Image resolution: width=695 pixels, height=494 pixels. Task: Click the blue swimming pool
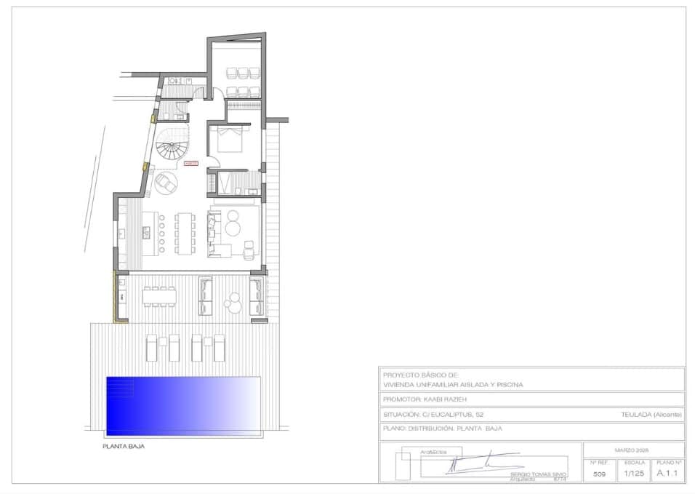183,405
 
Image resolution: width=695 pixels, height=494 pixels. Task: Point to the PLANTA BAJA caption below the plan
123,447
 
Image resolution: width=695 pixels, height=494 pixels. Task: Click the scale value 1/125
635,474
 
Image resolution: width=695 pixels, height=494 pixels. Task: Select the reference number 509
599,474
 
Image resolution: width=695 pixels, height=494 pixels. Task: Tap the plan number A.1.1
667,474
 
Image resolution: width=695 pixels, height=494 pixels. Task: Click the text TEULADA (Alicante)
651,414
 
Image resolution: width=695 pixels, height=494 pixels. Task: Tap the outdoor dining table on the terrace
160,294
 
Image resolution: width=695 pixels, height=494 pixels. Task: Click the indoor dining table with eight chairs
185,233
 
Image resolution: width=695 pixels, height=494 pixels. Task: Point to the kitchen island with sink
150,233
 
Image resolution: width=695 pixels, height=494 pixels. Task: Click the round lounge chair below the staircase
166,182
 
